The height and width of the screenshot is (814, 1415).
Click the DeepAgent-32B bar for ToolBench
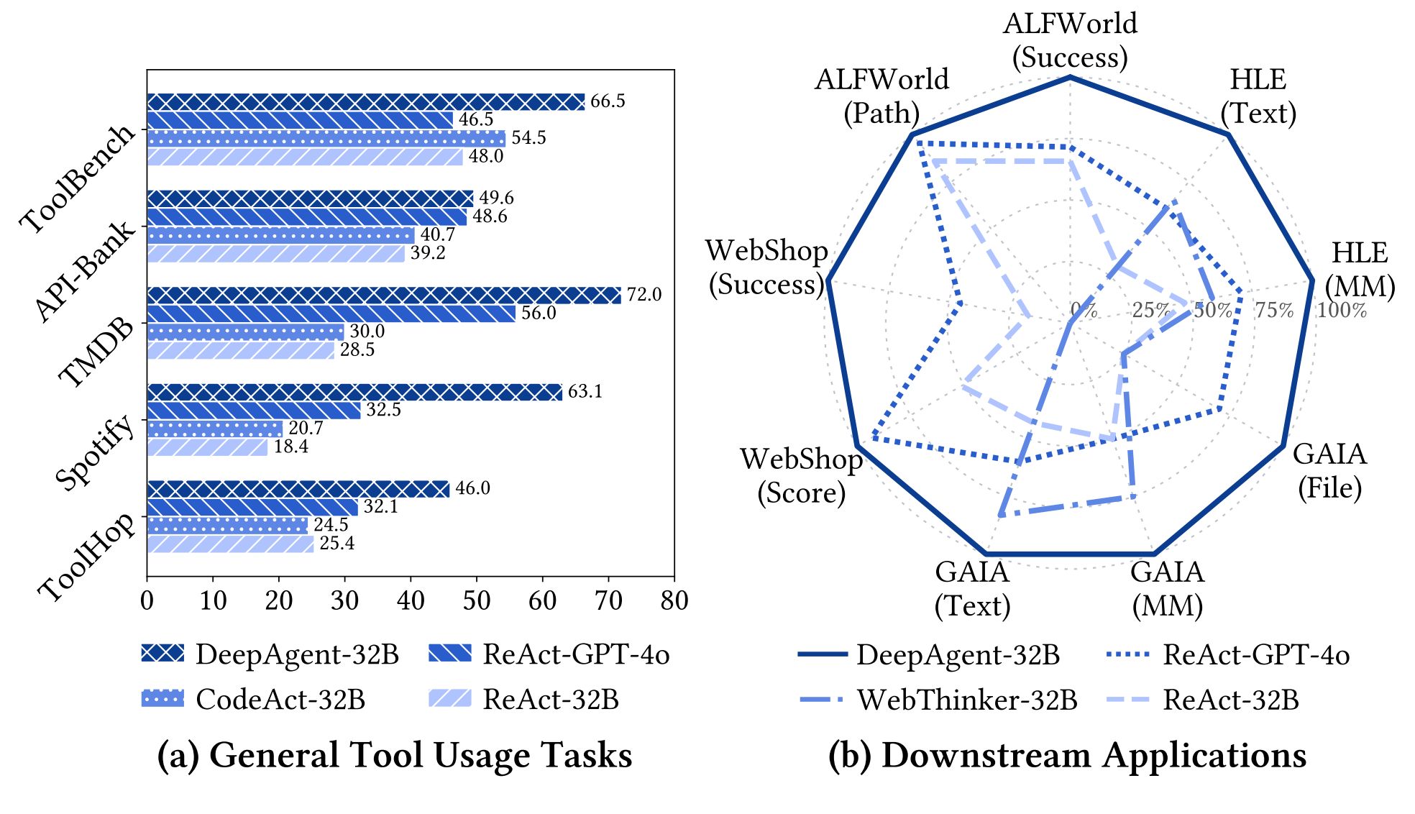tap(366, 102)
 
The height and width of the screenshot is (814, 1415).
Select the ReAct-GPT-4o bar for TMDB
tap(331, 314)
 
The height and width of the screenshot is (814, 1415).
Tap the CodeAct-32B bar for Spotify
tap(215, 429)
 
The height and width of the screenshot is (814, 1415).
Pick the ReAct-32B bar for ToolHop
tap(231, 544)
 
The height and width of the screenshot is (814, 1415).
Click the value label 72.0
tap(644, 295)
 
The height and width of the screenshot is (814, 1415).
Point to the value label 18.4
tap(290, 447)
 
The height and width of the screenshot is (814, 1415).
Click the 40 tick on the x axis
tap(411, 600)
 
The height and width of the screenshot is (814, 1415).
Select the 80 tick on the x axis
tap(674, 600)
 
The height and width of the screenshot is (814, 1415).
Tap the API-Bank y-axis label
tap(84, 270)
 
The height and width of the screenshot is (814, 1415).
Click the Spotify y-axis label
tap(95, 452)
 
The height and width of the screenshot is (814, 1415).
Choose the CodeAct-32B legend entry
tap(254, 699)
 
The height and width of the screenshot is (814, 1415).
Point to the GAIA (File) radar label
tap(1329, 471)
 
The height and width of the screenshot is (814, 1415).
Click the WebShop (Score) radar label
tap(802, 475)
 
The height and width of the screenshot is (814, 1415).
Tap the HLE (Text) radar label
tap(1258, 96)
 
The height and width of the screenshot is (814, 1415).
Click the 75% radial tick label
tap(1273, 311)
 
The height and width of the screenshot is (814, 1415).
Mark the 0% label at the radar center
tap(1083, 311)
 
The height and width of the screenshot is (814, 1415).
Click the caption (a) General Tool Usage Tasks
tap(395, 756)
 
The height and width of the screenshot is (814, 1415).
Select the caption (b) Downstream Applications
tap(1067, 756)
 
